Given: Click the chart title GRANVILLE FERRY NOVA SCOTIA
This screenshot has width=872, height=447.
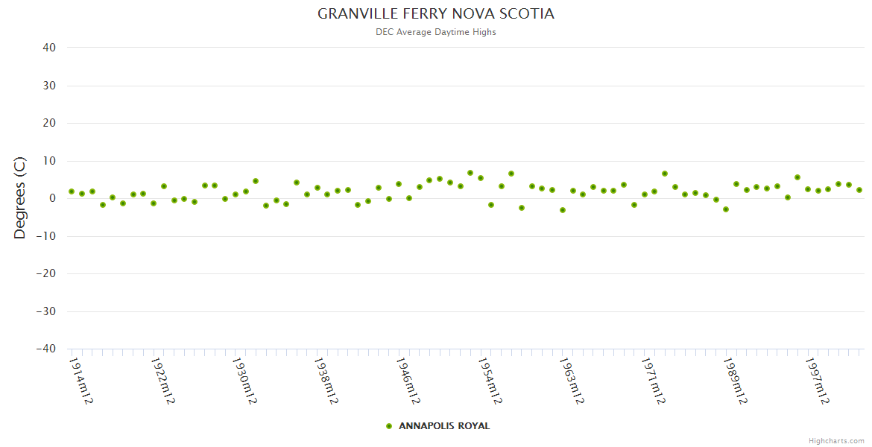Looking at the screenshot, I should (436, 14).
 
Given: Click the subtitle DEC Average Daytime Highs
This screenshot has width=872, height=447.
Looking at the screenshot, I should (436, 32).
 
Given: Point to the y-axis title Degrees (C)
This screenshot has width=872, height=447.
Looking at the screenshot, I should (20, 197).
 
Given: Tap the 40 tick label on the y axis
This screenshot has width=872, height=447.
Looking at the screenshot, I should (49, 48).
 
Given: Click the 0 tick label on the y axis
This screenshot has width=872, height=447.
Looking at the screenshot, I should (53, 198).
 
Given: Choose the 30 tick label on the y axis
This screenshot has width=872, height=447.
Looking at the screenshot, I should (49, 86).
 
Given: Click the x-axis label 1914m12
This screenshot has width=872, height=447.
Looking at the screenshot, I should (80, 380).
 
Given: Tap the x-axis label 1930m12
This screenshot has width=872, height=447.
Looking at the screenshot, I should (244, 380).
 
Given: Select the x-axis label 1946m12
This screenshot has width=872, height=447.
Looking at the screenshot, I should (408, 380).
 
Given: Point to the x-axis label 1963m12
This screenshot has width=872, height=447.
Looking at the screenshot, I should (572, 380).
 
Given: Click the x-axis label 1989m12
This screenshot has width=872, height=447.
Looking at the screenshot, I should (736, 380).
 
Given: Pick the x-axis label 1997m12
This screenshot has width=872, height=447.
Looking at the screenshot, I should (818, 380).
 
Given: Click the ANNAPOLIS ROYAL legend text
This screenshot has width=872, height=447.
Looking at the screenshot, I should (444, 426).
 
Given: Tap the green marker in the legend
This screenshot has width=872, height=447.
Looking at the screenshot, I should (388, 426).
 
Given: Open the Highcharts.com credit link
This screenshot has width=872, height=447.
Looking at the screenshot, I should (836, 441).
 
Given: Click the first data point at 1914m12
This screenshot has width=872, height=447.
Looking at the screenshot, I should (72, 191).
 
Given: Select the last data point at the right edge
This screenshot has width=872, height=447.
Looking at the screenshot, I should (859, 190).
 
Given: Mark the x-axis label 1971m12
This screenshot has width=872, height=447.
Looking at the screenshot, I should (654, 380).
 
